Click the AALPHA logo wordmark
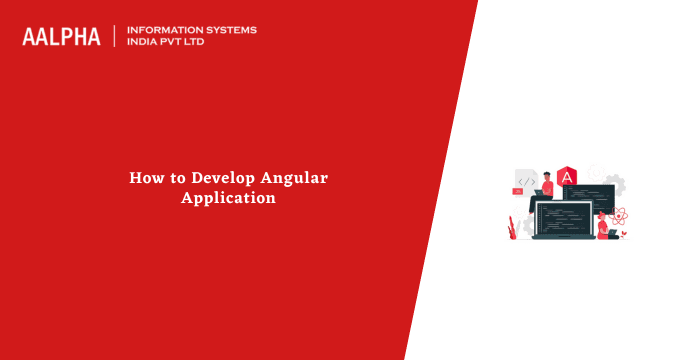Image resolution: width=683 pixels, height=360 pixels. (61, 36)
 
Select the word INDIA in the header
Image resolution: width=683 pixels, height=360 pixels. (143, 43)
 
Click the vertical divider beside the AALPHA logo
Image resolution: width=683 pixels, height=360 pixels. (115, 36)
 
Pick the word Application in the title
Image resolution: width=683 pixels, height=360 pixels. (228, 198)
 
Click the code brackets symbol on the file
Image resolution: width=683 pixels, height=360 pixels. (526, 181)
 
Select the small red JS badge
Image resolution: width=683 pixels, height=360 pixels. (517, 189)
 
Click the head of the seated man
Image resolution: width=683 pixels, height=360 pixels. (547, 174)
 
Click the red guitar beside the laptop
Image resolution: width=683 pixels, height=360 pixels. (510, 227)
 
